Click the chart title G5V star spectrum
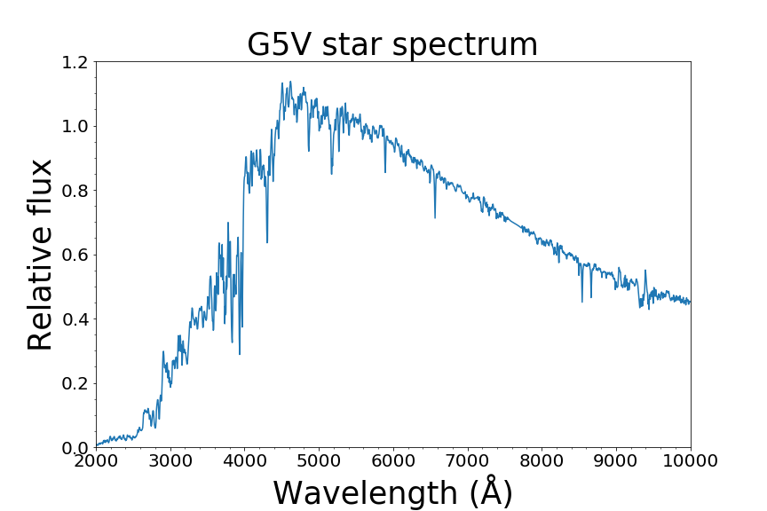pyautogui.click(x=392, y=44)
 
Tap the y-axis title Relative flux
pyautogui.click(x=41, y=255)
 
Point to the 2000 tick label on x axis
pyautogui.click(x=96, y=461)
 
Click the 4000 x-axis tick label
pyautogui.click(x=245, y=461)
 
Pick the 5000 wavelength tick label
pyautogui.click(x=319, y=461)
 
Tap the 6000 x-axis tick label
pyautogui.click(x=393, y=461)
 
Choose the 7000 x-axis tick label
pyautogui.click(x=468, y=461)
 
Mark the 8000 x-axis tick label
pyautogui.click(x=542, y=461)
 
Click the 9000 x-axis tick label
pyautogui.click(x=616, y=461)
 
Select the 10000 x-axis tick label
pyautogui.click(x=691, y=461)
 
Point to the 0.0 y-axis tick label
pyautogui.click(x=76, y=448)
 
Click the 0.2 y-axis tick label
pyautogui.click(x=76, y=384)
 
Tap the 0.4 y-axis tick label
pyautogui.click(x=76, y=319)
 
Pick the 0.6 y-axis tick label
pyautogui.click(x=76, y=255)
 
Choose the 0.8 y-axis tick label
pyautogui.click(x=76, y=191)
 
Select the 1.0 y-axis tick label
pyautogui.click(x=76, y=127)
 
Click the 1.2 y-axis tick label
pyautogui.click(x=76, y=62)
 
